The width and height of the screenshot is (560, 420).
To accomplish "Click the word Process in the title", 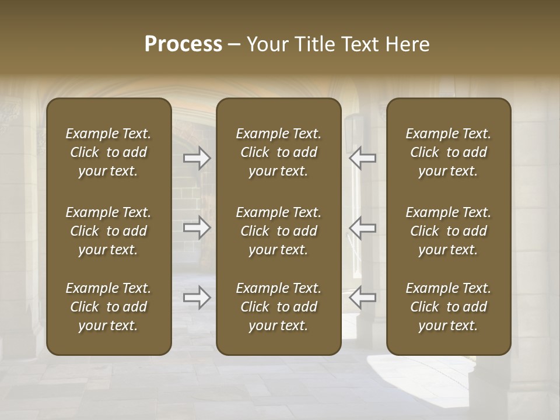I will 183,44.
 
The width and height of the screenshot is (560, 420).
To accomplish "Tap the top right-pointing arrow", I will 197,158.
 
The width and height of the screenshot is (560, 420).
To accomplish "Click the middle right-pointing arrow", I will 197,228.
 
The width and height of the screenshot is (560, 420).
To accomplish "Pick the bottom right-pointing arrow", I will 197,297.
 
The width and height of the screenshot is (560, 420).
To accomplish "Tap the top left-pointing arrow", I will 362,158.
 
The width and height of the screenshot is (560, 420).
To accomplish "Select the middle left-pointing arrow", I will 362,228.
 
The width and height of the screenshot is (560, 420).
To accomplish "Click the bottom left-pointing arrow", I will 362,297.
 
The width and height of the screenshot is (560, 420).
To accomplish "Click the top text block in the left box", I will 108,152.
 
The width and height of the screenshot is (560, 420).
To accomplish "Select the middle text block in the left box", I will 108,231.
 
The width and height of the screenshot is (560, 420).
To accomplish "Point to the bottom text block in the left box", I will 108,307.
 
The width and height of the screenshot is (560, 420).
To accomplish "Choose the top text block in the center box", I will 278,152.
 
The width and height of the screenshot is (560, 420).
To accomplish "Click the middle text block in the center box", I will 278,231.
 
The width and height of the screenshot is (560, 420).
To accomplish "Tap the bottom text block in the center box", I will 278,307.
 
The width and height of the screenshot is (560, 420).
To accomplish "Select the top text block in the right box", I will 448,152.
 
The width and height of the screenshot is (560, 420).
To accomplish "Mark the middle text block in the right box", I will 448,231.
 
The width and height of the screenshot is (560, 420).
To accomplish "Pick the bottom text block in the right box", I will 448,307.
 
